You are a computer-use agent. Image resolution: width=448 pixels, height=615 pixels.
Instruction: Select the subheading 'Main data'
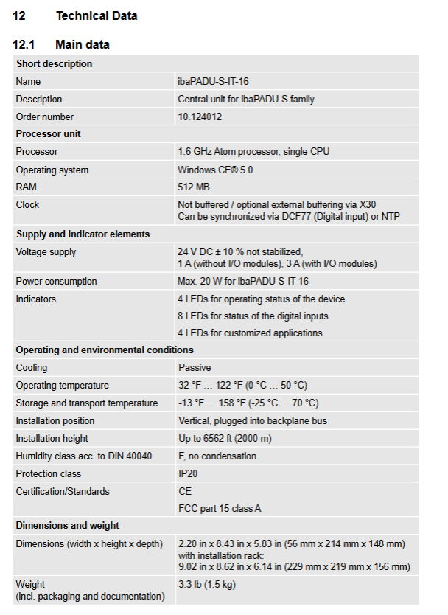point(83,44)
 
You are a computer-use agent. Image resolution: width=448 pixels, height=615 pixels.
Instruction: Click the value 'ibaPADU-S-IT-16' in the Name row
point(218,81)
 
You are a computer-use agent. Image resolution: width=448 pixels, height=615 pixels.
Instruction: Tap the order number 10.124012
point(200,117)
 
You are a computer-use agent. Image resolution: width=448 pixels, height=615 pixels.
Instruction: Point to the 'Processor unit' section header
point(49,134)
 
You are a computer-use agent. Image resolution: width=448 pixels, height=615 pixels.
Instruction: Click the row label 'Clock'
point(28,204)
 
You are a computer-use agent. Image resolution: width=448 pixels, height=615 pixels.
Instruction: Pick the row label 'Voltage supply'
point(46,252)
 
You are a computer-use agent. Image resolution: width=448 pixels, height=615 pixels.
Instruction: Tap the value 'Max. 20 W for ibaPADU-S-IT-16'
point(243,281)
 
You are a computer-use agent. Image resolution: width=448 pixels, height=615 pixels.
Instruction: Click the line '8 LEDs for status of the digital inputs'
point(253,316)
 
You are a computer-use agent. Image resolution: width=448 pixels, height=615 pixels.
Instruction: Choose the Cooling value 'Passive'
point(195,367)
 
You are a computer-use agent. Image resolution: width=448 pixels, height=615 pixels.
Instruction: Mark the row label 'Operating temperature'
point(62,385)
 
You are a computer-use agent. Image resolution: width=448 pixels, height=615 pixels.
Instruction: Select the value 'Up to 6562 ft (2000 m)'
point(225,438)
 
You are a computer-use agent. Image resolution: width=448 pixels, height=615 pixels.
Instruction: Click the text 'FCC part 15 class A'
point(220,508)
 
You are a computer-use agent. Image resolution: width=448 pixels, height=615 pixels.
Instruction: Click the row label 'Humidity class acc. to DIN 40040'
point(84,456)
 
